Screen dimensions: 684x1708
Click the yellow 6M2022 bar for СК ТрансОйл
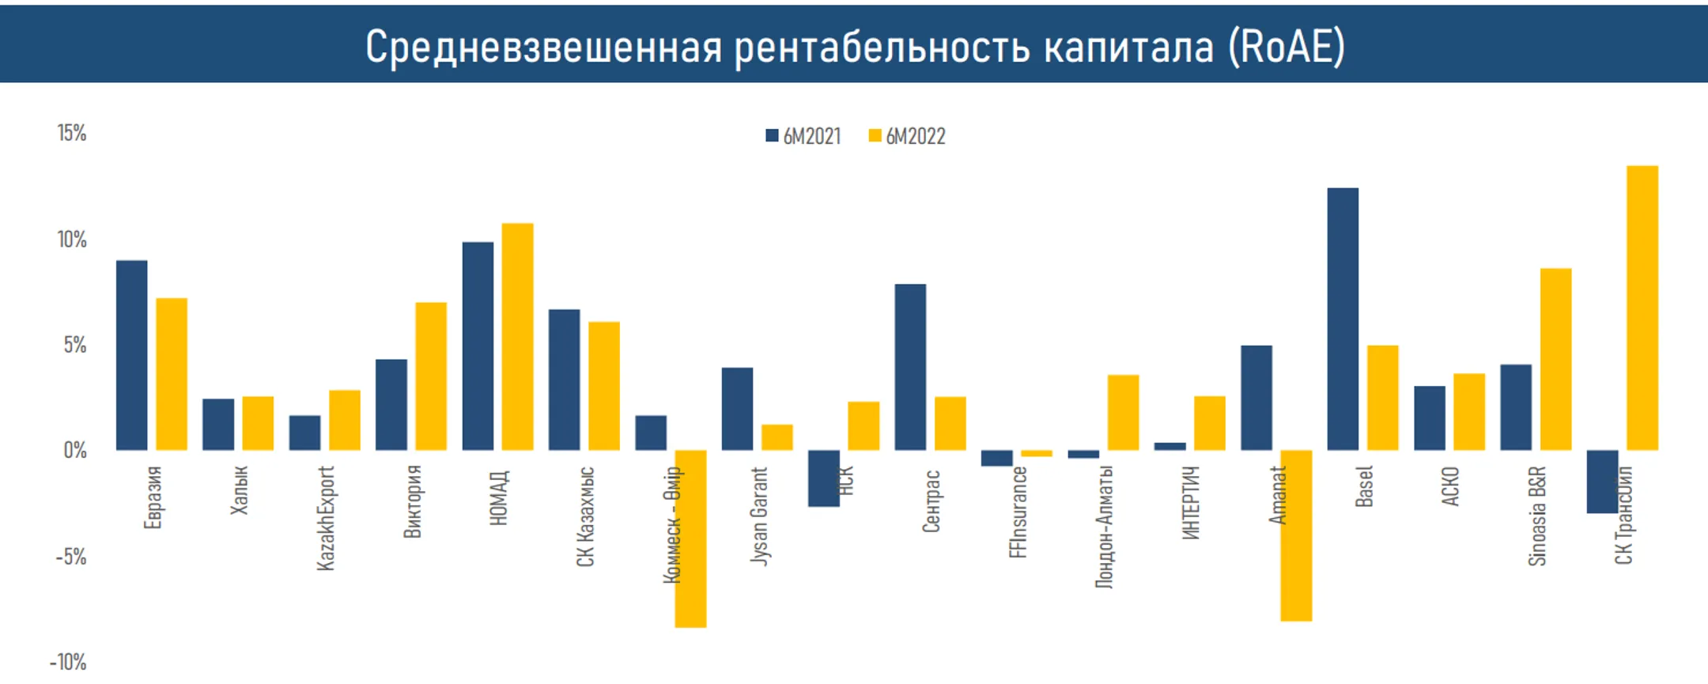point(1642,308)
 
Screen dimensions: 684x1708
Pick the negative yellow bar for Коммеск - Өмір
point(690,554)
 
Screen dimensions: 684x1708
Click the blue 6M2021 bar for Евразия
point(131,355)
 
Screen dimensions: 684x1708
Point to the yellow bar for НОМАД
point(517,337)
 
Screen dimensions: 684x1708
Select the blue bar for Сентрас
point(910,367)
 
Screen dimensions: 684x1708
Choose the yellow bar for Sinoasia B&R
point(1555,359)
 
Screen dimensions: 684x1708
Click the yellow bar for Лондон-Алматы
point(1123,412)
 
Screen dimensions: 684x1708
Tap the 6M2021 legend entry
point(803,136)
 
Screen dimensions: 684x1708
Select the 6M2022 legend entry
point(907,136)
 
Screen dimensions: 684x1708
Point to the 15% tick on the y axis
point(71,133)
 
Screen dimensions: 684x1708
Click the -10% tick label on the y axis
point(68,662)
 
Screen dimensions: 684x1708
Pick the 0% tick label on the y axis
point(75,451)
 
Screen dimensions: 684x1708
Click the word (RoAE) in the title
point(1287,46)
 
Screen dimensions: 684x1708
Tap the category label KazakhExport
point(326,518)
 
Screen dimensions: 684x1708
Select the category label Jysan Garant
point(758,516)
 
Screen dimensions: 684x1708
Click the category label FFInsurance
point(1018,512)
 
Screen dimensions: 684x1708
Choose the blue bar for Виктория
point(391,405)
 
